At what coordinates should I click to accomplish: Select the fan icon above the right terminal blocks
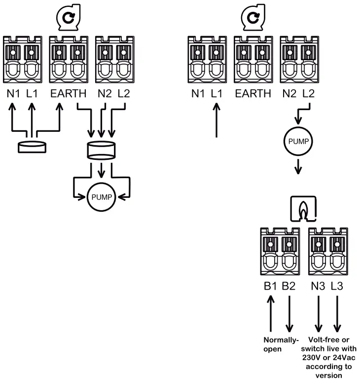pyautogui.click(x=252, y=18)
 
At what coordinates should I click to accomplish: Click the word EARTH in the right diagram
pyautogui.click(x=253, y=93)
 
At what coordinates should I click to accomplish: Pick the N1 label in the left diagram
pyautogui.click(x=14, y=93)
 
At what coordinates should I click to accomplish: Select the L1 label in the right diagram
pyautogui.click(x=217, y=93)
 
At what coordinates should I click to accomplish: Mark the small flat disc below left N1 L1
pyautogui.click(x=32, y=147)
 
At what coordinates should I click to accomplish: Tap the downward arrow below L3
pyautogui.click(x=338, y=313)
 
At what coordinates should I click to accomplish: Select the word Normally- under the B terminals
pyautogui.click(x=280, y=340)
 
